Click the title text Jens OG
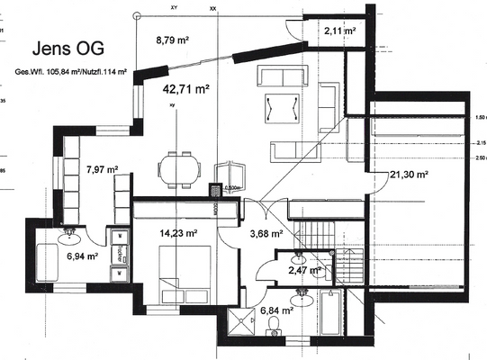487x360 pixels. pyautogui.click(x=66, y=48)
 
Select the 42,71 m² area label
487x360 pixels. pyautogui.click(x=185, y=89)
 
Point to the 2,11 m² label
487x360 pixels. pyautogui.click(x=338, y=31)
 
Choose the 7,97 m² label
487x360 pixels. pyautogui.click(x=102, y=168)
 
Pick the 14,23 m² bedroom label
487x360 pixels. pyautogui.click(x=176, y=233)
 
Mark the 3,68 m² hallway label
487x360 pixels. pyautogui.click(x=266, y=233)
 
